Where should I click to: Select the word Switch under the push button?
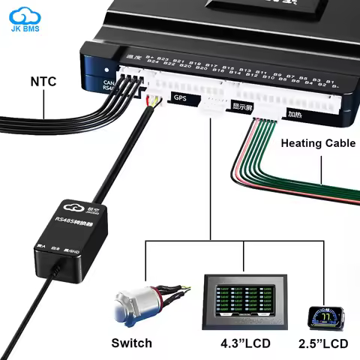131,343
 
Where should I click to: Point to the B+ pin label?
149,57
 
